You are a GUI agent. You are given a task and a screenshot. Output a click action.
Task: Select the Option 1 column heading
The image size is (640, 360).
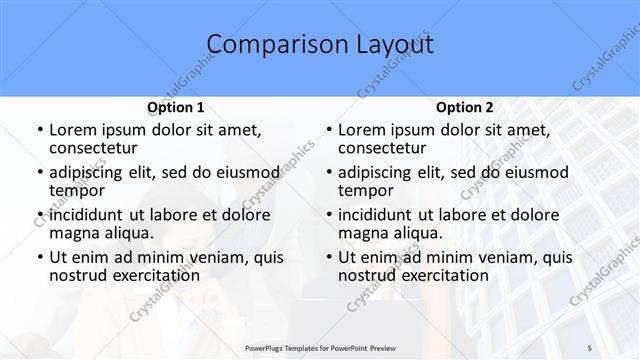click(x=175, y=107)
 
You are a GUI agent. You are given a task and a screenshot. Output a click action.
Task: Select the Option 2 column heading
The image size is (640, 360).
click(x=465, y=107)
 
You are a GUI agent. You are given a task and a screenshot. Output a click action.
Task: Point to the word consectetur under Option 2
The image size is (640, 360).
click(x=382, y=148)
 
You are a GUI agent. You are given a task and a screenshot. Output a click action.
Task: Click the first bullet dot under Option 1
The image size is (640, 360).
click(x=39, y=130)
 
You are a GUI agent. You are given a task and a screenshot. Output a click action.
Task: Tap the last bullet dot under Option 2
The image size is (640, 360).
click(x=329, y=257)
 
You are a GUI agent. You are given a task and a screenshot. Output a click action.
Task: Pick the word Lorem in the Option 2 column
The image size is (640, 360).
click(x=362, y=130)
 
